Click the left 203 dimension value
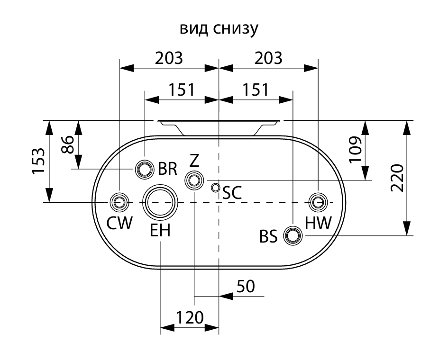(169, 58)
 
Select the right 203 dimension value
(268, 58)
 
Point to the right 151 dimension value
(255, 90)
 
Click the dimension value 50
(245, 286)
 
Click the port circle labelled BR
(144, 169)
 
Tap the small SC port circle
(216, 188)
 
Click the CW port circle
(119, 202)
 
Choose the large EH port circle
(160, 202)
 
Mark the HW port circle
(318, 202)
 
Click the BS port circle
(293, 235)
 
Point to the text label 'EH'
(160, 231)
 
